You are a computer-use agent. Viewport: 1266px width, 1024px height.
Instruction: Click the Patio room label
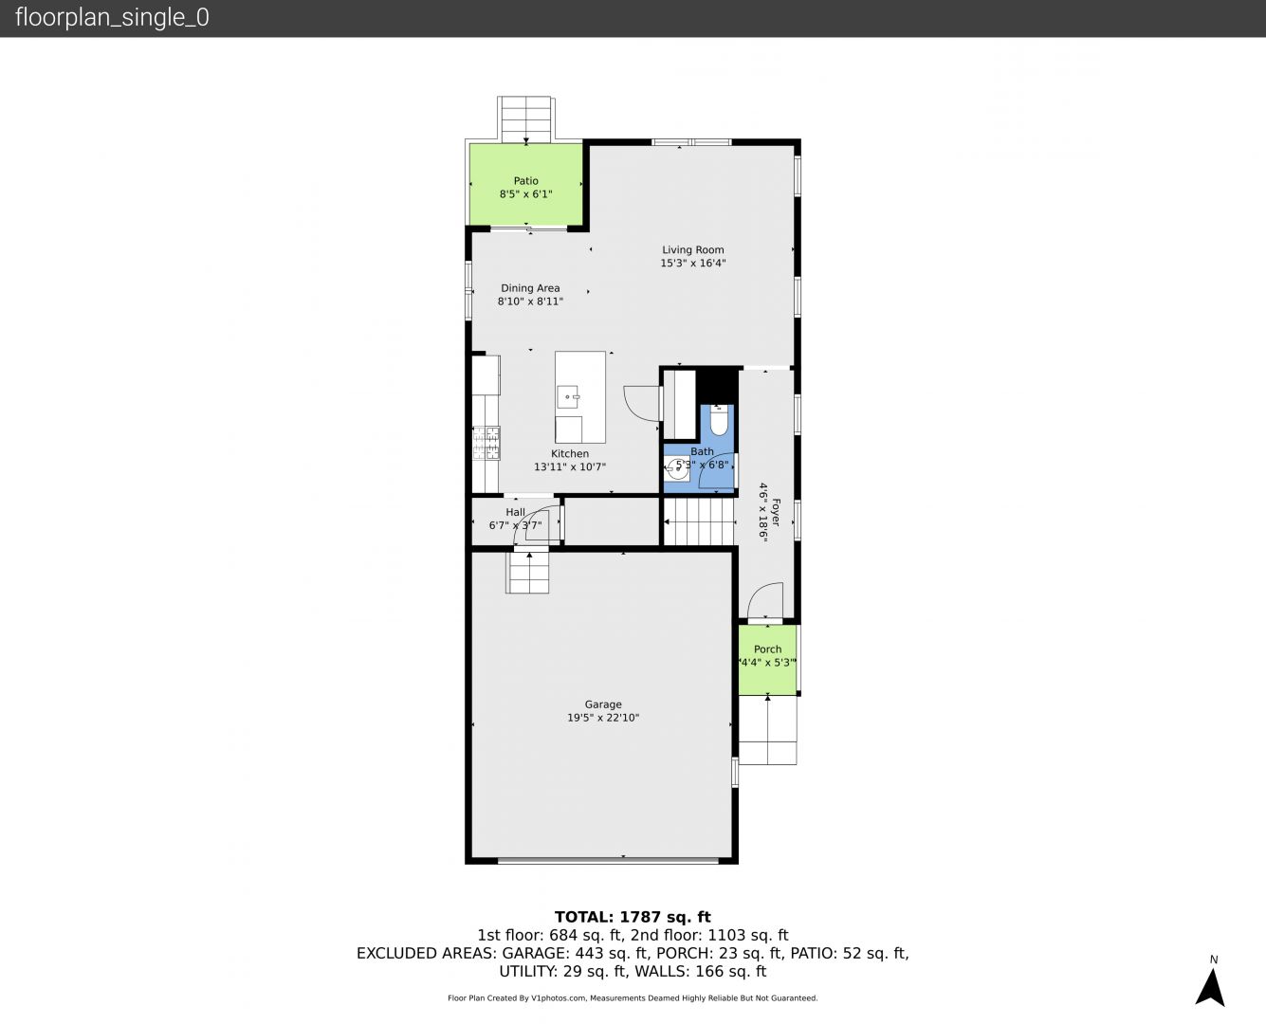pyautogui.click(x=526, y=181)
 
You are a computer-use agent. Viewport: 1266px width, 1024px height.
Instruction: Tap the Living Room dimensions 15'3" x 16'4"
pyautogui.click(x=693, y=263)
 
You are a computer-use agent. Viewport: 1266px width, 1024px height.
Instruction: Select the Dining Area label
pyautogui.click(x=530, y=288)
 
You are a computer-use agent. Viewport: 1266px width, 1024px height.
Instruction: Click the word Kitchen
pyautogui.click(x=569, y=453)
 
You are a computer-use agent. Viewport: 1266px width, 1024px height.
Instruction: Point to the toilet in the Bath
pyautogui.click(x=718, y=420)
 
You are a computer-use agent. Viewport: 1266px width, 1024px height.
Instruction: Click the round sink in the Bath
pyautogui.click(x=676, y=469)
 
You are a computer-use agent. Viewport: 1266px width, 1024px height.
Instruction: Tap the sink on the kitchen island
pyautogui.click(x=568, y=396)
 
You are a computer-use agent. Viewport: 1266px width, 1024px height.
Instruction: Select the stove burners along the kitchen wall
pyautogui.click(x=486, y=443)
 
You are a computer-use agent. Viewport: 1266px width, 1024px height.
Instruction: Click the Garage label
pyautogui.click(x=603, y=704)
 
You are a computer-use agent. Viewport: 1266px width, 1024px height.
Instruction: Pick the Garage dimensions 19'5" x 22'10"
pyautogui.click(x=603, y=718)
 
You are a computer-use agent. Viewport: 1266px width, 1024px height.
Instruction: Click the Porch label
pyautogui.click(x=767, y=649)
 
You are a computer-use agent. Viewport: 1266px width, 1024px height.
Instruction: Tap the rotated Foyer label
pyautogui.click(x=775, y=512)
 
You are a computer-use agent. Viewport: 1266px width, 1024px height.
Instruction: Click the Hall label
pyautogui.click(x=515, y=512)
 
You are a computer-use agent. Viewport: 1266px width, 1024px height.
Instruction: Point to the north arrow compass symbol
pyautogui.click(x=1210, y=987)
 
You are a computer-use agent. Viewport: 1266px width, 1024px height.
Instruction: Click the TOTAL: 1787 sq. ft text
pyautogui.click(x=633, y=917)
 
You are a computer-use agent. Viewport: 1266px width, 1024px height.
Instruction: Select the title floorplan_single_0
pyautogui.click(x=112, y=17)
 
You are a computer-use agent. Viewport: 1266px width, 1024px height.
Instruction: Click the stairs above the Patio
pyautogui.click(x=526, y=119)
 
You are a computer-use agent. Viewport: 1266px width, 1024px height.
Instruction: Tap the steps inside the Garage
pyautogui.click(x=528, y=573)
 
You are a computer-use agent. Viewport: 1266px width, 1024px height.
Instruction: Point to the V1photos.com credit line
pyautogui.click(x=633, y=997)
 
